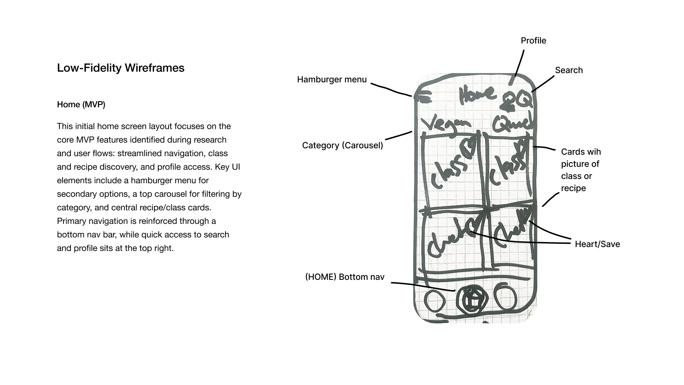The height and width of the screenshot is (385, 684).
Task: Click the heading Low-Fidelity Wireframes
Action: tap(120, 68)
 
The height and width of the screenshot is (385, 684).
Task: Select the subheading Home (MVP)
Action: tap(81, 105)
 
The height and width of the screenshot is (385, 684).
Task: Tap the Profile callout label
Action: tap(533, 41)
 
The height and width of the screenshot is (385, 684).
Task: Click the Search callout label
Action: tap(569, 70)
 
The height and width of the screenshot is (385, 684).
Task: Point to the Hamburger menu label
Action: tap(332, 79)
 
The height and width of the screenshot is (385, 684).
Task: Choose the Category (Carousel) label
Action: tap(342, 145)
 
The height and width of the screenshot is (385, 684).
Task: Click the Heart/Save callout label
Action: tap(597, 244)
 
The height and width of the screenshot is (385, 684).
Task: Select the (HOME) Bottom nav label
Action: tap(344, 277)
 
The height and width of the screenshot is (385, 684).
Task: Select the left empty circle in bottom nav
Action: tap(435, 302)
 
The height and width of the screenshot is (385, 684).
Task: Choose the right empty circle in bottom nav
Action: tap(505, 297)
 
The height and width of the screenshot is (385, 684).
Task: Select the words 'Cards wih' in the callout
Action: tap(581, 152)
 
